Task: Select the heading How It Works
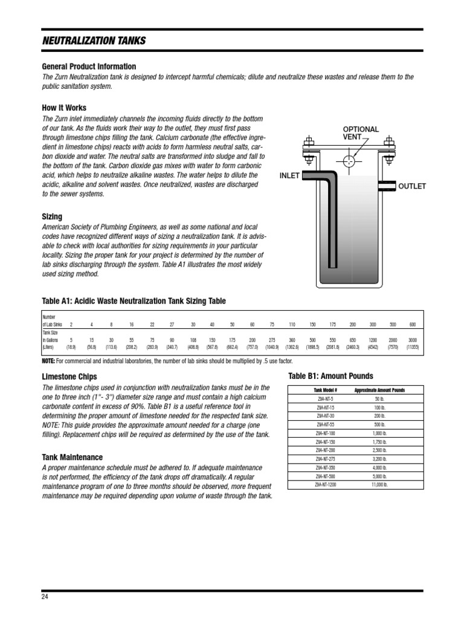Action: (63, 108)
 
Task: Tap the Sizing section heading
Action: (51, 216)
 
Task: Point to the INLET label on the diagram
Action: (290, 176)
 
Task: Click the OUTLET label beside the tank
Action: (411, 186)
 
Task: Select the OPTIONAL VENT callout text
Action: (361, 134)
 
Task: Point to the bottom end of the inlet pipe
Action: (331, 264)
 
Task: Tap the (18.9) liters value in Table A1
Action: (71, 348)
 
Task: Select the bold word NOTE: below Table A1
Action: (48, 361)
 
